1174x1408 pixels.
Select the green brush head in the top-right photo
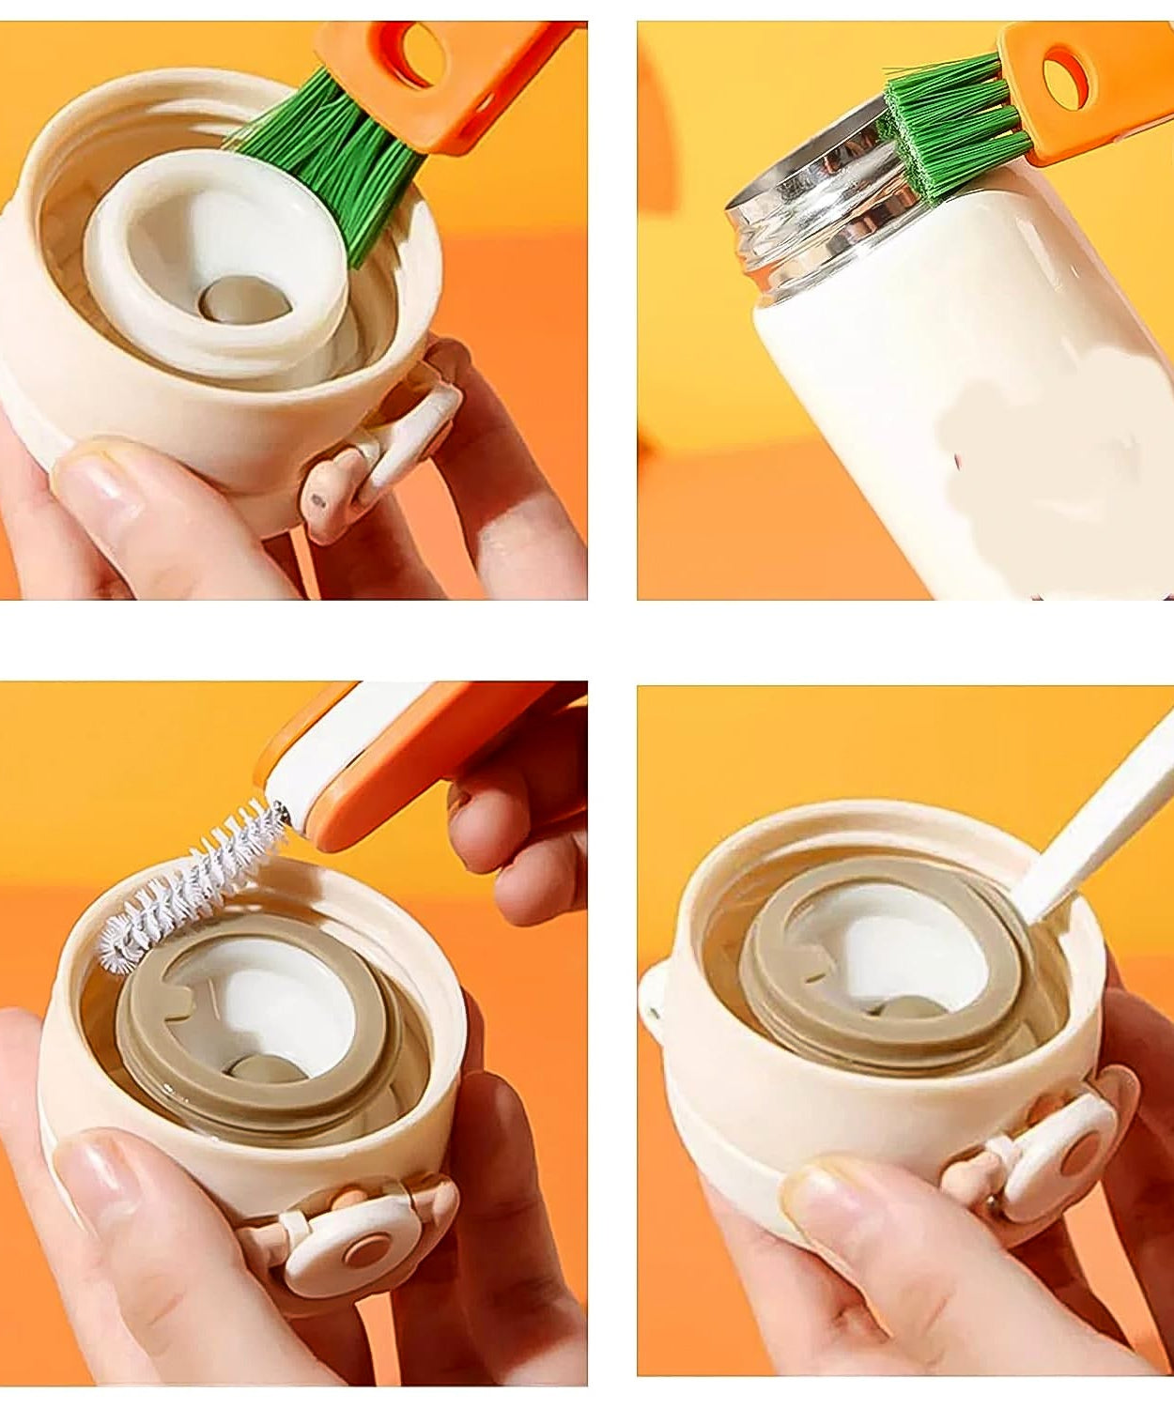coord(949,122)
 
